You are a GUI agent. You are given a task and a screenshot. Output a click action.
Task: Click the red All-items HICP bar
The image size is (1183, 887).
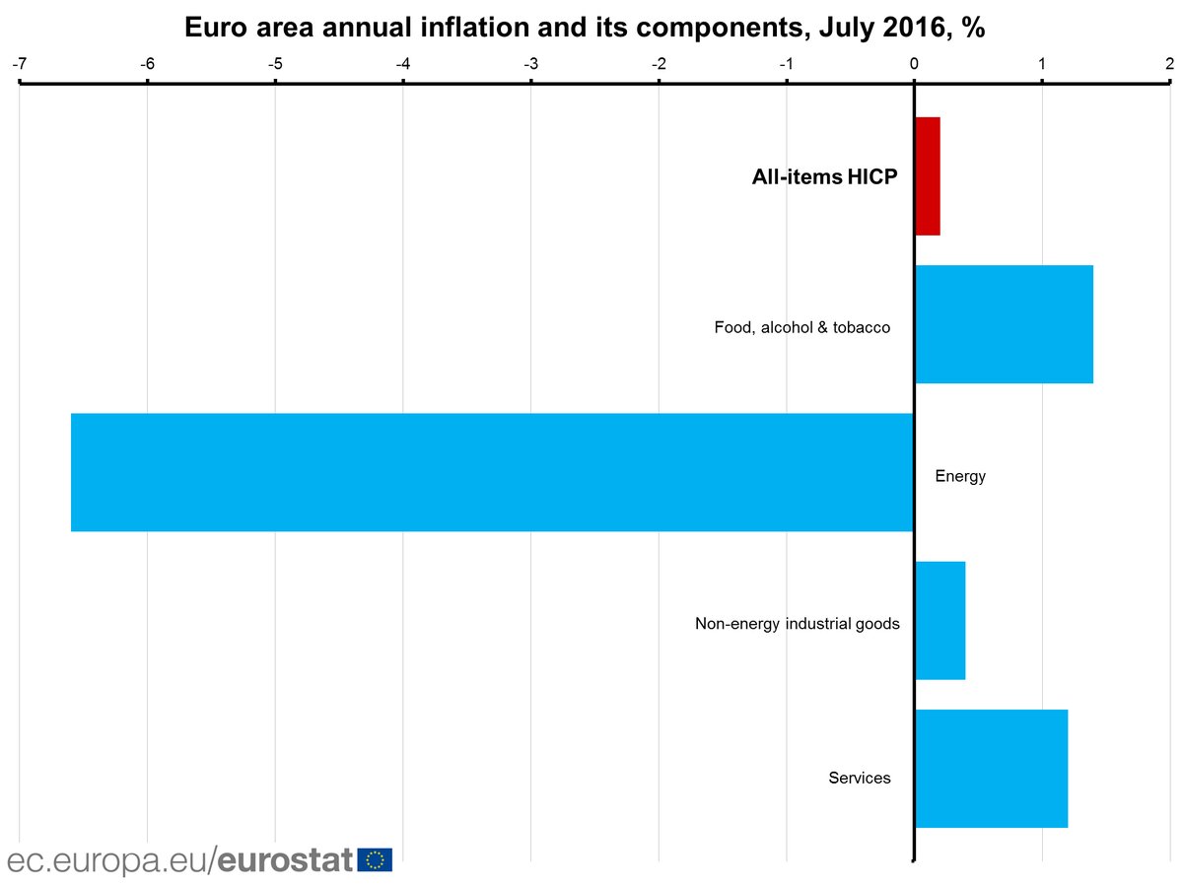point(928,176)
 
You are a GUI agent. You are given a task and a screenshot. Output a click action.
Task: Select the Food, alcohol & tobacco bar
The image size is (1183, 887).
point(1004,324)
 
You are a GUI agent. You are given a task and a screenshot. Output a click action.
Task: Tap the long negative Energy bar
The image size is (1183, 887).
point(492,472)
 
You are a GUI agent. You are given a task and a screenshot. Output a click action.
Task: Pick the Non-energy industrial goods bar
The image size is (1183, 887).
point(940,620)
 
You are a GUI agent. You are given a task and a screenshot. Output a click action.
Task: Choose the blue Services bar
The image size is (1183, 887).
point(991,768)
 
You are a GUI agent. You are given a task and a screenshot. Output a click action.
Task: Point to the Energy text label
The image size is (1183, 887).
point(960,477)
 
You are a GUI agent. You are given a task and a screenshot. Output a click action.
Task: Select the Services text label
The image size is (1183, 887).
point(860,779)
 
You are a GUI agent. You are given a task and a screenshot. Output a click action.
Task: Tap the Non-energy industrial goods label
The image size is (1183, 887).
point(797,624)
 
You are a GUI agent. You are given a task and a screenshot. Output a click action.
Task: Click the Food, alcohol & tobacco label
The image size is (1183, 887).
point(802,327)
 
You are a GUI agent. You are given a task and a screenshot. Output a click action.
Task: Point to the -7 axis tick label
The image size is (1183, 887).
point(19,64)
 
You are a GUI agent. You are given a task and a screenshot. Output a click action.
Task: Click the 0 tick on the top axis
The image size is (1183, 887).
point(914,64)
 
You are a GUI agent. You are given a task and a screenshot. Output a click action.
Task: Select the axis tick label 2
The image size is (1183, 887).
point(1169,64)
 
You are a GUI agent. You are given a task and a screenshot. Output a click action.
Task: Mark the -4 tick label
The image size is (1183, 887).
point(402,64)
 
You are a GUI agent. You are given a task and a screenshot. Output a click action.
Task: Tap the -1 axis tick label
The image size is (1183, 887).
point(786,64)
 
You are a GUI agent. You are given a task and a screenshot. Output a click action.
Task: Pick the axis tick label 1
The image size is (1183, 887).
point(1042,64)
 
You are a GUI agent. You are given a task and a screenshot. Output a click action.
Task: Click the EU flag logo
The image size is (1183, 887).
point(375,859)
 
